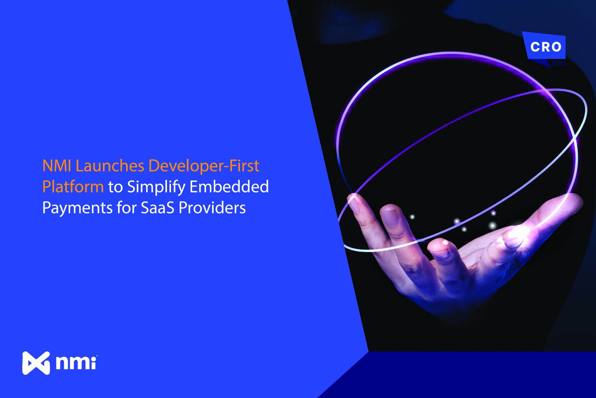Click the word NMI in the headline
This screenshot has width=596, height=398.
point(57,166)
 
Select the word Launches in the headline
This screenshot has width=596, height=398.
point(110,166)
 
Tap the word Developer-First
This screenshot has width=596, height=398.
point(204,166)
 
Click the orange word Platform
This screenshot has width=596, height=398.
point(73,187)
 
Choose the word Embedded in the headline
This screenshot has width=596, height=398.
point(229,187)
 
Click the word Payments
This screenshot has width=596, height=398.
point(77,208)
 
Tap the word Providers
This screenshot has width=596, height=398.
point(212,208)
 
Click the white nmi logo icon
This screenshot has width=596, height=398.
point(36,363)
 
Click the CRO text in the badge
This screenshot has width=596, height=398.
point(546,47)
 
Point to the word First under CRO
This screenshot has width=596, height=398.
point(559,63)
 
